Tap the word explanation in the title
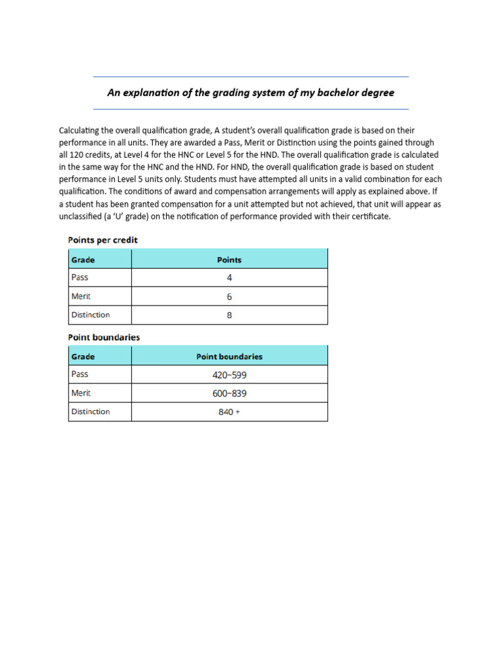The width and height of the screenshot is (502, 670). [148, 93]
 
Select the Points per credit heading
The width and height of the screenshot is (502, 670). [103, 240]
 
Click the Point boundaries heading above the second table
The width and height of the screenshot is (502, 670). [104, 338]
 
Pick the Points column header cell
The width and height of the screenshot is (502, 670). [229, 260]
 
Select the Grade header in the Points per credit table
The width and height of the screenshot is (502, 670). [83, 260]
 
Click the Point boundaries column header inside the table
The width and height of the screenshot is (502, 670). [229, 357]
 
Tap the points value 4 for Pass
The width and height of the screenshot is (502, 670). [229, 277]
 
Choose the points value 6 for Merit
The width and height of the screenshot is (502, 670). [229, 296]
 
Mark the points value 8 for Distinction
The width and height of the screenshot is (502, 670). [229, 315]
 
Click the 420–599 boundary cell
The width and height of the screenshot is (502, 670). [229, 375]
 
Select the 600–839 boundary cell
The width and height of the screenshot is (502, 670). [229, 394]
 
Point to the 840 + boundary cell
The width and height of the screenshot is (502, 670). [229, 412]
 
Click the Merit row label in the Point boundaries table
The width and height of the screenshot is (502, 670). [81, 393]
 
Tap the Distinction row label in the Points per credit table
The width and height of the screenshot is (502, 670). [90, 315]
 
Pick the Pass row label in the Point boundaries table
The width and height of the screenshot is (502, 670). [80, 374]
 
